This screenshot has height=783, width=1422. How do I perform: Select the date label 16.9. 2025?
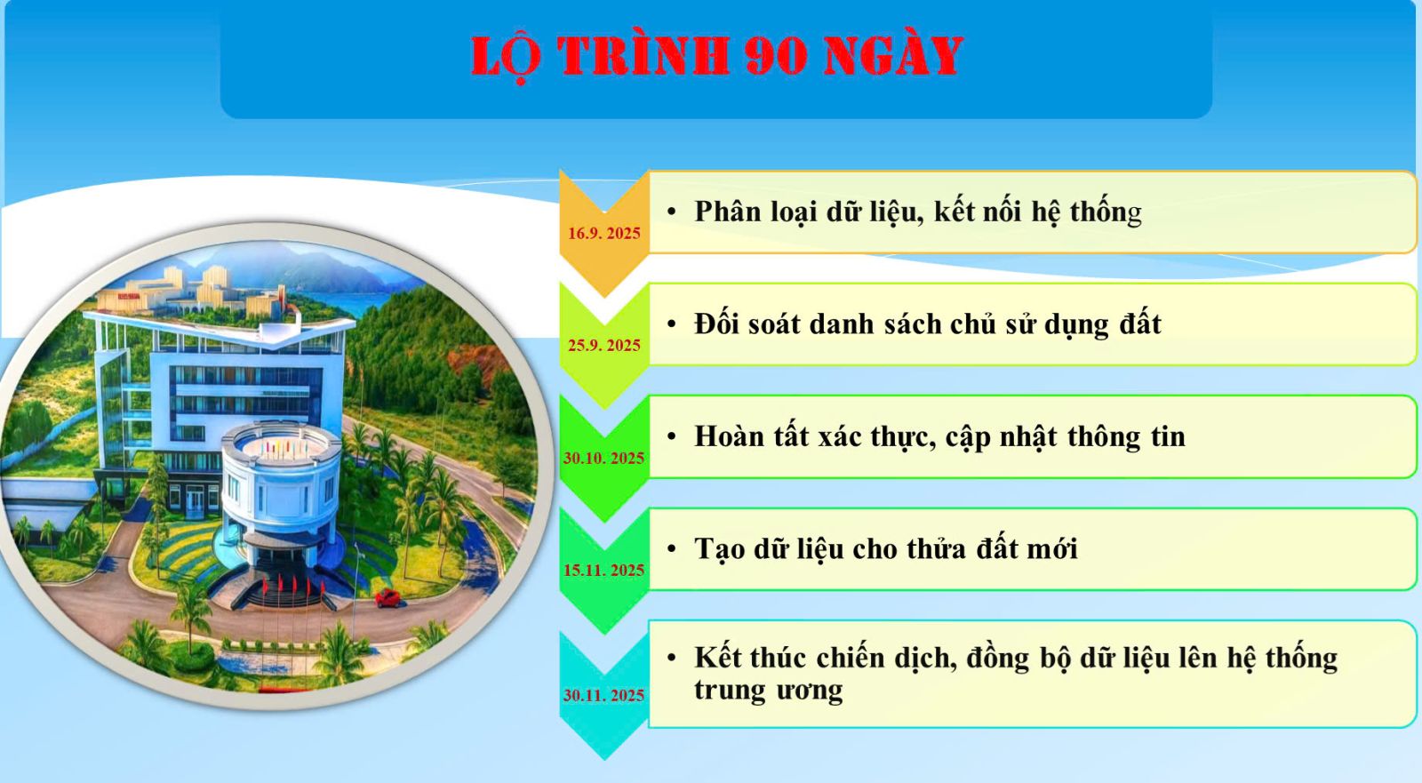(603, 234)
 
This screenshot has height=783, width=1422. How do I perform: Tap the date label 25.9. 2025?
(603, 346)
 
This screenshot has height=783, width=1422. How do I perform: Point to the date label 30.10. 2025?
(603, 458)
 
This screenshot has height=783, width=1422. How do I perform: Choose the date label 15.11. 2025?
(603, 571)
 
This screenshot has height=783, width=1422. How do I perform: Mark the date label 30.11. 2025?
(603, 695)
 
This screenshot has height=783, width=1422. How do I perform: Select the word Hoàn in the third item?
(729, 437)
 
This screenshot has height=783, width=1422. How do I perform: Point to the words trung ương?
(768, 691)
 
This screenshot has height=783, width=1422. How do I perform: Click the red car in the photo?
(387, 598)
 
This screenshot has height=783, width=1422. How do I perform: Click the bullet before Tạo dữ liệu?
(671, 550)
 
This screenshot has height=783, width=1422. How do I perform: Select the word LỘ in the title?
(506, 58)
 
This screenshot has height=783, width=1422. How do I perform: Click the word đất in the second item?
(1140, 324)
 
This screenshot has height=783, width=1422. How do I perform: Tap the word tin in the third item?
(1168, 437)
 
